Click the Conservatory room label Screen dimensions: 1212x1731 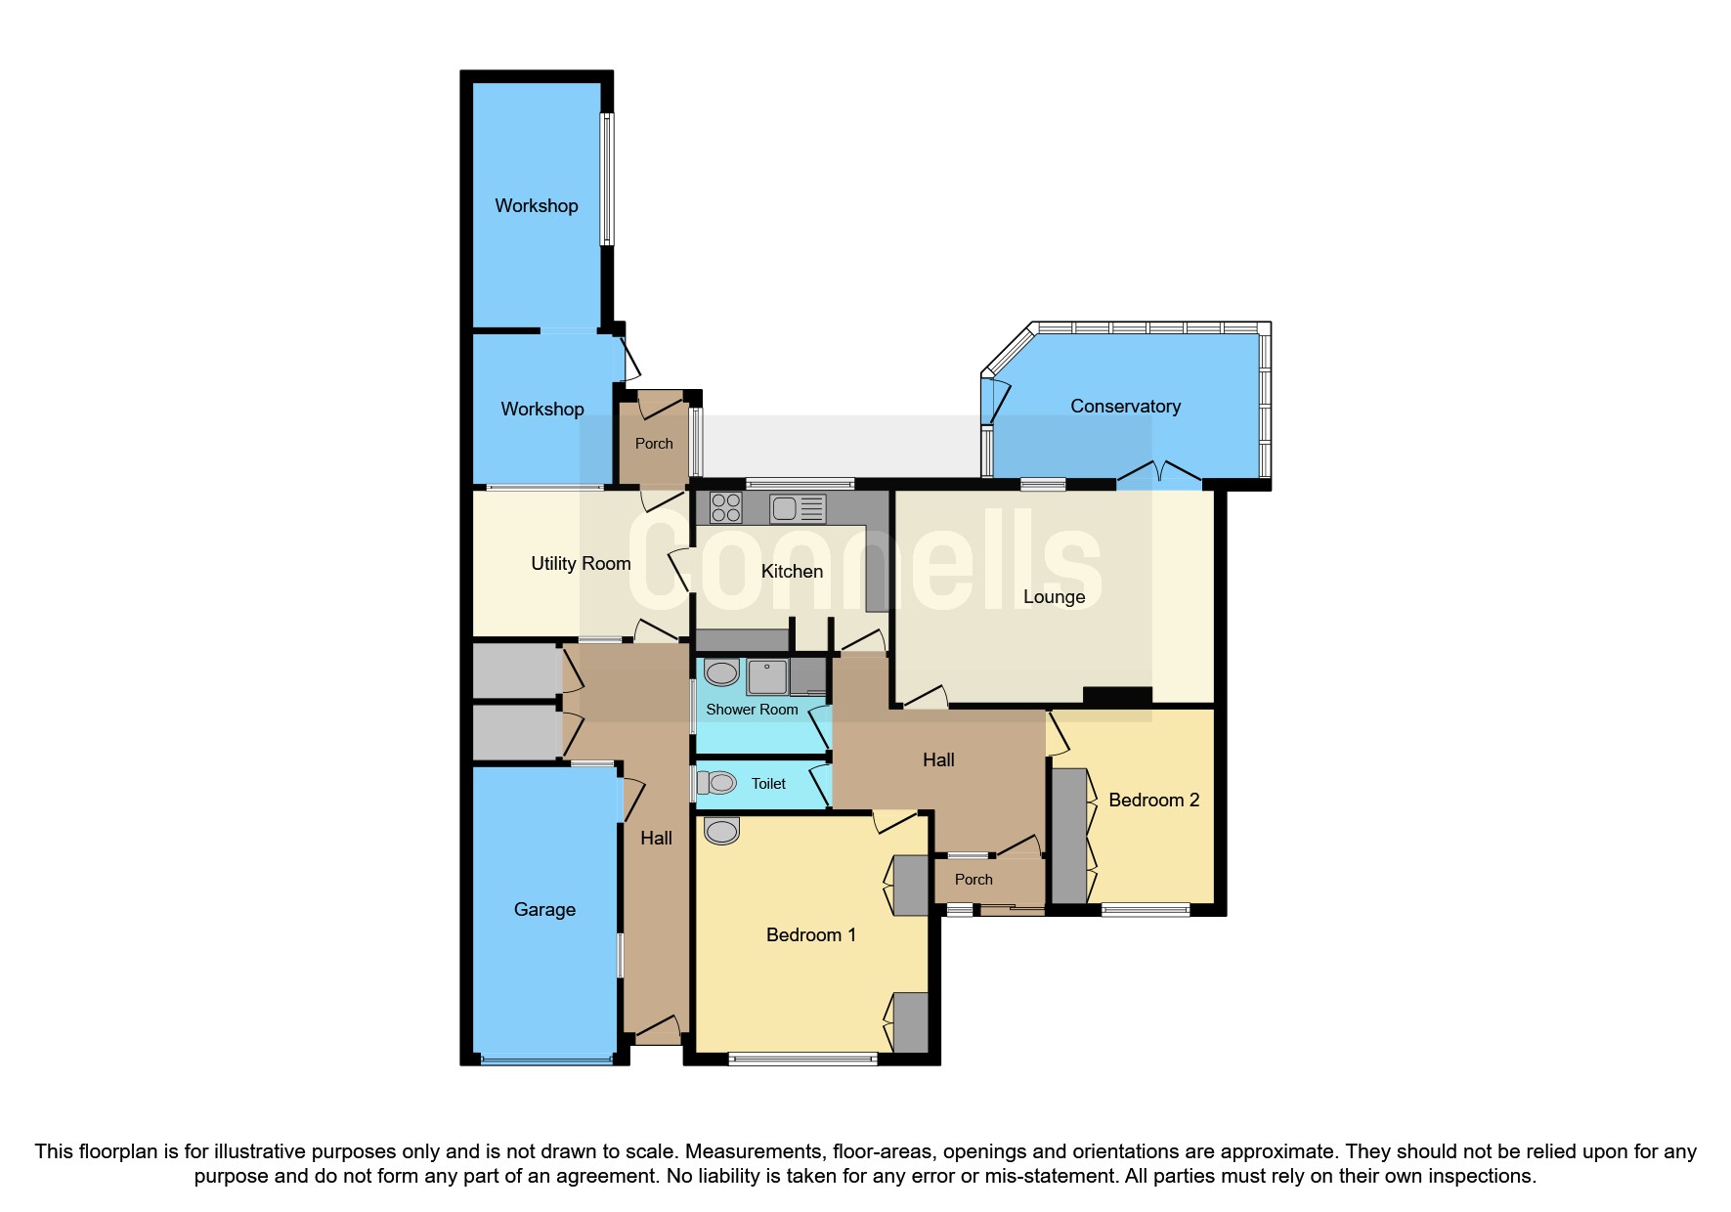1125,406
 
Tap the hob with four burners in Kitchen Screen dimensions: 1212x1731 725,508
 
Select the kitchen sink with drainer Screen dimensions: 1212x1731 798,508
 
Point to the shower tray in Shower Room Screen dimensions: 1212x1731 768,676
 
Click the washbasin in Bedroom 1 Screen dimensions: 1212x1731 721,831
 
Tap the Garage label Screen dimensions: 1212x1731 544,909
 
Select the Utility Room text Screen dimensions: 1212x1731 581,563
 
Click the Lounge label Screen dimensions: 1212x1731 1054,596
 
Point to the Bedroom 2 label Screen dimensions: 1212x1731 1153,800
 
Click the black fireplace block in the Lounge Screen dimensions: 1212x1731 1117,696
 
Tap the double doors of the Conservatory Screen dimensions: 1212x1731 1158,477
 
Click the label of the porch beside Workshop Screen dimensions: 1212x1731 654,443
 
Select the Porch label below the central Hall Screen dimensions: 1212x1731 974,879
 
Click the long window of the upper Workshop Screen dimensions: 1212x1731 607,179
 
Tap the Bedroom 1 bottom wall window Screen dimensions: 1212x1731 802,1058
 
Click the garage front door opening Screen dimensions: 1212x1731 545,1060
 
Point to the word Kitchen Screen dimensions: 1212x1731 792,571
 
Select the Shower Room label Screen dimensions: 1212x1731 752,709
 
